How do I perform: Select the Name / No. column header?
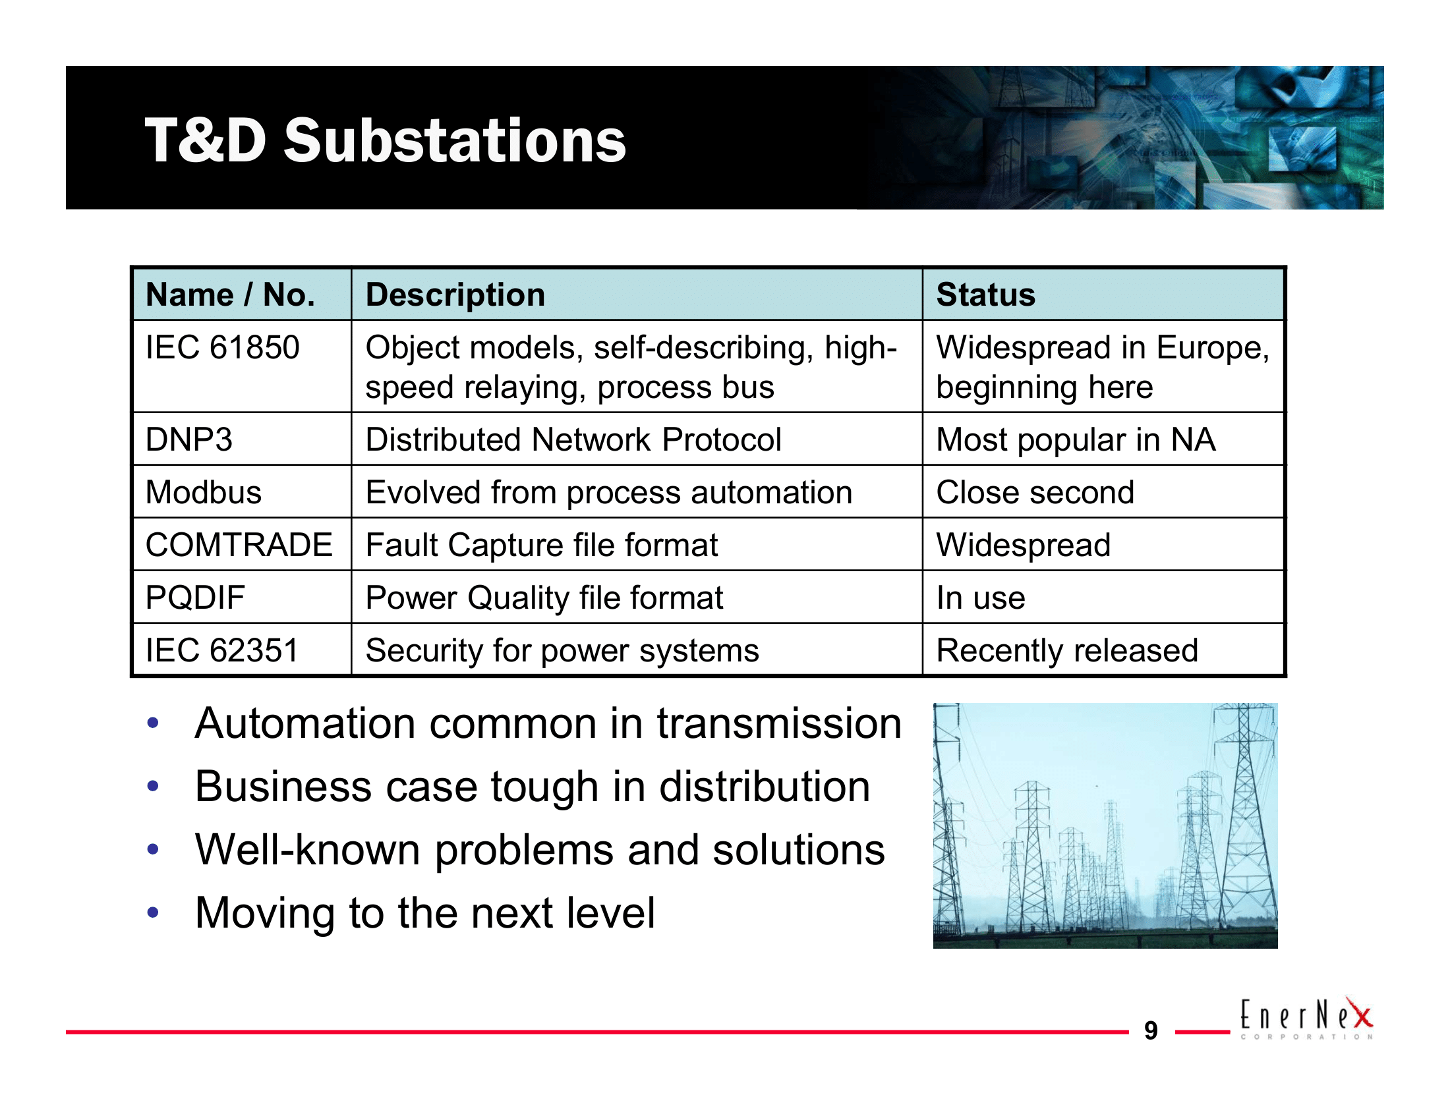coord(230,294)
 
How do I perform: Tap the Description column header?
coord(455,294)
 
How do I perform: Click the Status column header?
coord(985,294)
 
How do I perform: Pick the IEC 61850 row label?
coord(222,348)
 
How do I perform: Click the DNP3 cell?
coord(189,439)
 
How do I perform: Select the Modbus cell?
coord(203,492)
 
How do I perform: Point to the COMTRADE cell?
coord(239,545)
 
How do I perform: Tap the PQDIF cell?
coord(195,597)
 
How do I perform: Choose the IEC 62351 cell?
coord(222,650)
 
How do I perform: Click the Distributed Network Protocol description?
coord(573,439)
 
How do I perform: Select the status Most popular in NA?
coord(1076,439)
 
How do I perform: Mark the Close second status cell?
coord(1034,492)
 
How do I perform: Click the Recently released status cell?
coord(1067,650)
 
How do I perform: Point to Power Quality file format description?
coord(544,597)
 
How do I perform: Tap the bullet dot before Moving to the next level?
coord(154,912)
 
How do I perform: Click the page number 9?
coord(1151,1030)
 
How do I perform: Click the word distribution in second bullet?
coord(763,787)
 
